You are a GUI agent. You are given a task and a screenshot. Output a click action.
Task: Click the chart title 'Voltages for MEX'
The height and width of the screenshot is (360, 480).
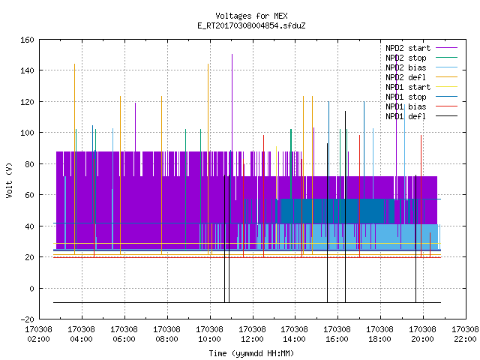click(251, 16)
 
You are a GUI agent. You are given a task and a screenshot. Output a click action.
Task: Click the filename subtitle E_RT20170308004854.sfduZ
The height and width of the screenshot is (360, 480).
click(251, 25)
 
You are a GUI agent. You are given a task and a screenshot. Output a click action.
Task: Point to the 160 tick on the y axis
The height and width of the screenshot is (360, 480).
click(27, 40)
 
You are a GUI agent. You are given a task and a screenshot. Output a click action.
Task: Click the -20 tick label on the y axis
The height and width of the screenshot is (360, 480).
click(27, 319)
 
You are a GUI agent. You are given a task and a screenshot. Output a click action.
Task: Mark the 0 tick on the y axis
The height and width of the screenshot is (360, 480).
click(31, 288)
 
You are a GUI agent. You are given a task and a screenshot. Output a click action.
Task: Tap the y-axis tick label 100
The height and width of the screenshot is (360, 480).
click(27, 133)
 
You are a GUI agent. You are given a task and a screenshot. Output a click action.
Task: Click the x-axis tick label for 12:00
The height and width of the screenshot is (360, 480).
click(252, 334)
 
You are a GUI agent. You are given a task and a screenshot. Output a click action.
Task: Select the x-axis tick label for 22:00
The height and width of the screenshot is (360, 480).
click(465, 334)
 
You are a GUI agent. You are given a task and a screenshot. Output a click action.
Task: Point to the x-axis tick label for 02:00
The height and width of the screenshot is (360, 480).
click(39, 334)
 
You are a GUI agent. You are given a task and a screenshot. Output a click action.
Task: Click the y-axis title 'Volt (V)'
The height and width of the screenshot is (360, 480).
click(10, 180)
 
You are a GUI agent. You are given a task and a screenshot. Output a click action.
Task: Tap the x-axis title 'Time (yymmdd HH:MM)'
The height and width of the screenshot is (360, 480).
click(251, 353)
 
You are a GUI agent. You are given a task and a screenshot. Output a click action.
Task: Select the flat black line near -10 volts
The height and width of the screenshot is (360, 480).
click(247, 302)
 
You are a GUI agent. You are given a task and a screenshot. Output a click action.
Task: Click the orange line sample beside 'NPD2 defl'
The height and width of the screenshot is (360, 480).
click(447, 76)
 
